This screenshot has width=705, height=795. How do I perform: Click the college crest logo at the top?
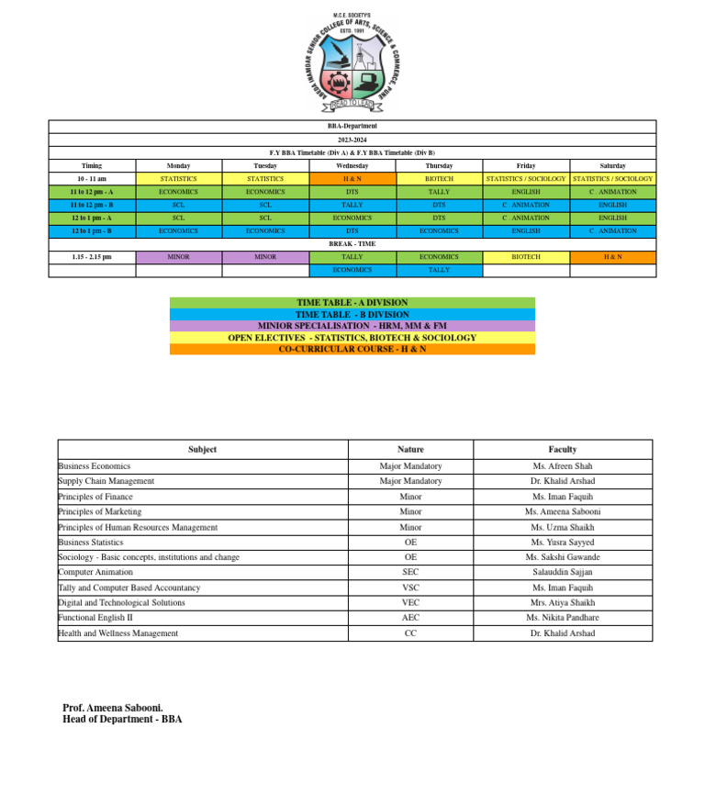[352, 62]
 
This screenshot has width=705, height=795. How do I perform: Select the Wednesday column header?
[352, 166]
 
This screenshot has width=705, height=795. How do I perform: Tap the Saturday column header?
[612, 166]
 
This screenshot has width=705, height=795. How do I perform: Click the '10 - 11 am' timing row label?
[92, 179]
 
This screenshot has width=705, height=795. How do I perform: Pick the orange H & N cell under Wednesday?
[352, 179]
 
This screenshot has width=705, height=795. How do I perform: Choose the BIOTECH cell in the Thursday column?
[439, 179]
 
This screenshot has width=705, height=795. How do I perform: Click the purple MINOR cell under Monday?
[179, 257]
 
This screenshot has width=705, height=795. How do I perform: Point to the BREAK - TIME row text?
[352, 244]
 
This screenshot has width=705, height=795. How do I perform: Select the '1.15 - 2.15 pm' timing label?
[92, 257]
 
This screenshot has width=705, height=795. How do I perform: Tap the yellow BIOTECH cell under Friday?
[526, 257]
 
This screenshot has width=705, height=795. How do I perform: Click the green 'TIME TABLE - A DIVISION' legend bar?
[352, 302]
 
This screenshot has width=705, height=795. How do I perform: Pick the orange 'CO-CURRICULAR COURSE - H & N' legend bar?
[352, 349]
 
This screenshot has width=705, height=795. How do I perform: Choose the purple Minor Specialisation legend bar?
[352, 326]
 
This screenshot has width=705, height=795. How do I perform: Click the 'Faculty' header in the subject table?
[563, 449]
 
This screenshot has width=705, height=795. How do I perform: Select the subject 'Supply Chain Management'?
[106, 481]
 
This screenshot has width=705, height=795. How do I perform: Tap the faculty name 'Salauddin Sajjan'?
[563, 572]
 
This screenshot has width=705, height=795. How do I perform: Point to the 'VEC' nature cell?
[410, 603]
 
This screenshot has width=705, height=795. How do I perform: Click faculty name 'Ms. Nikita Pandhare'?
[563, 618]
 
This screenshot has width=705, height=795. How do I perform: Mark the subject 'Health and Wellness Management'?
[118, 633]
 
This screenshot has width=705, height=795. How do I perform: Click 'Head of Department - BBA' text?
[122, 720]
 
